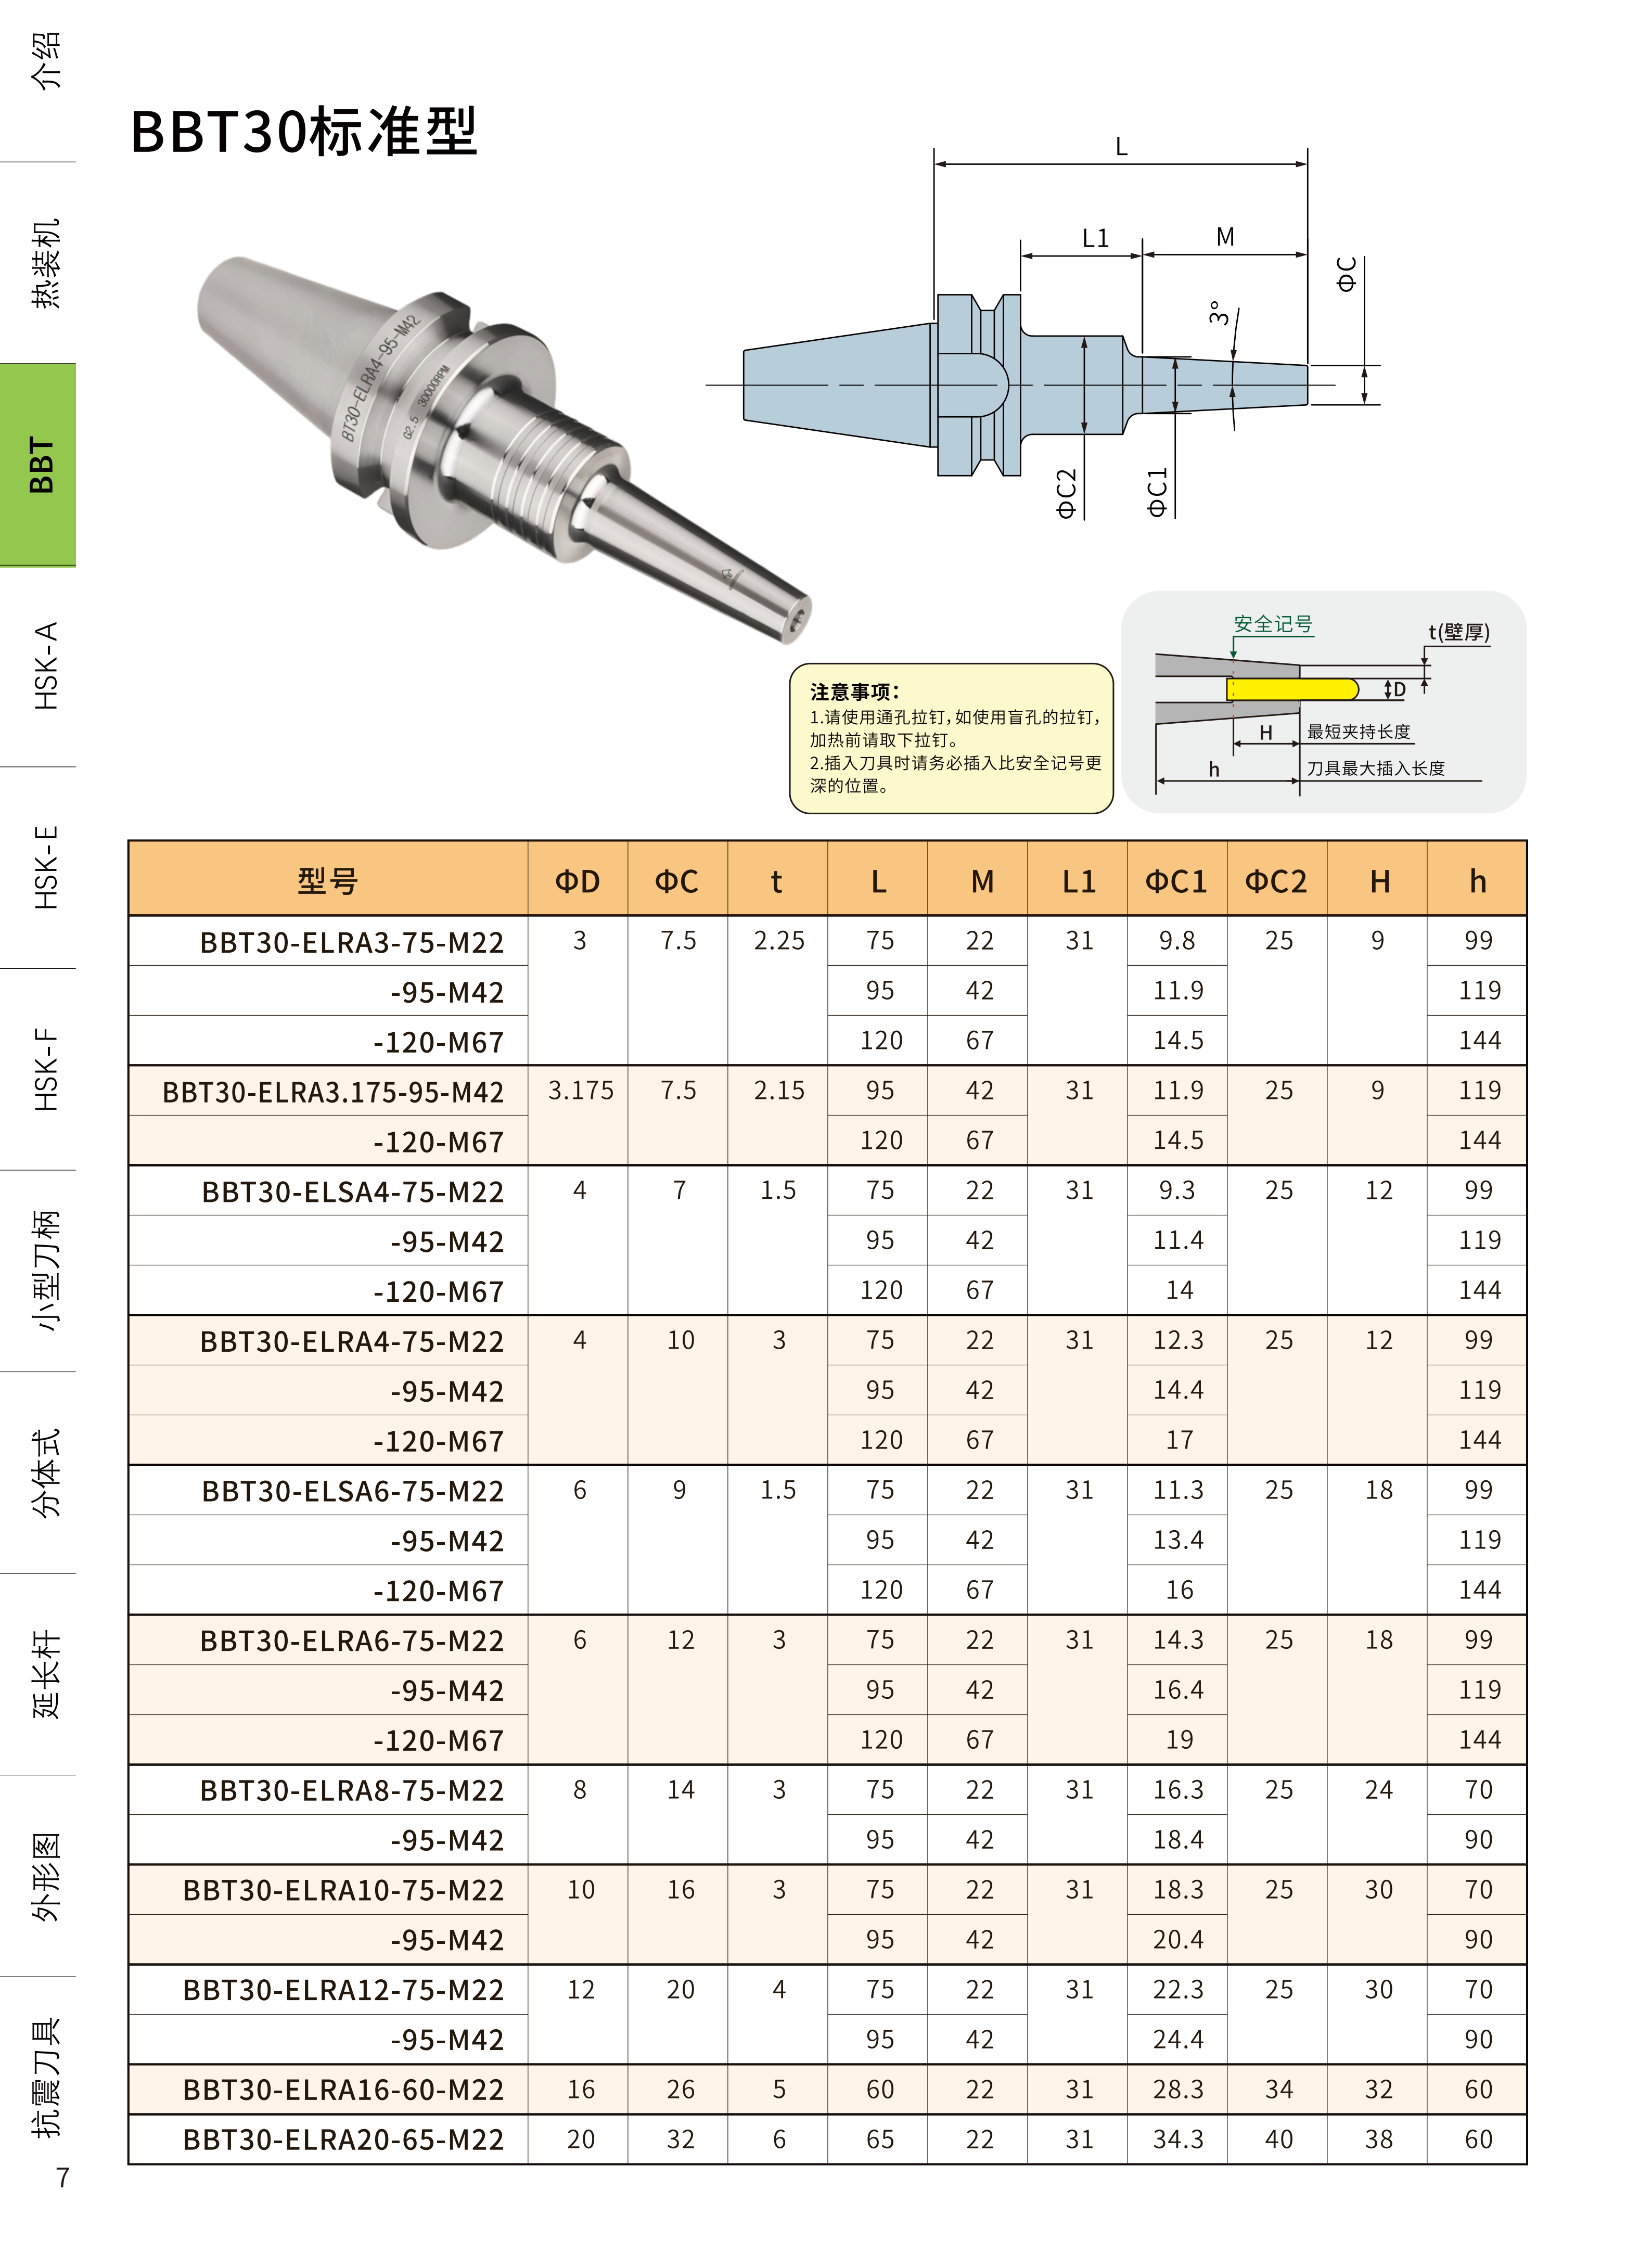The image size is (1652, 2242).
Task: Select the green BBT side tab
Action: [38, 465]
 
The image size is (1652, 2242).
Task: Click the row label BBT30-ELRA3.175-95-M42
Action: [333, 1091]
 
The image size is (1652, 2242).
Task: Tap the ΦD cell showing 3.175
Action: [580, 1090]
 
